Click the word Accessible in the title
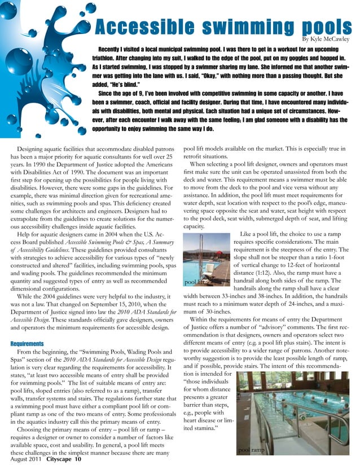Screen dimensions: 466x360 [x=131, y=27]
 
